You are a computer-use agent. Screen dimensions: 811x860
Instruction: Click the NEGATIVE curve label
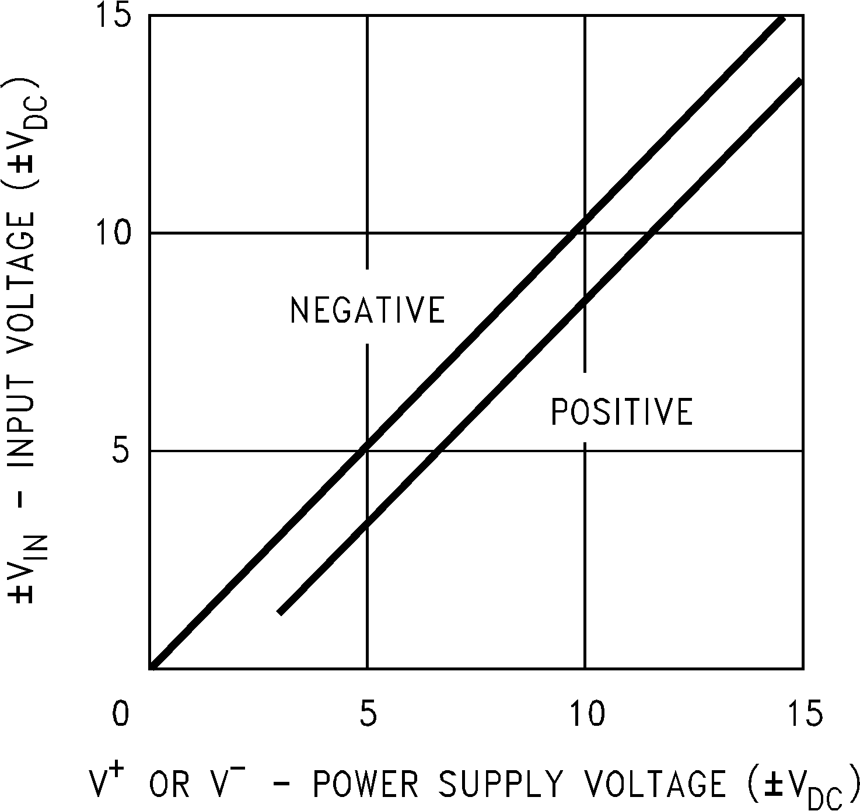pos(368,310)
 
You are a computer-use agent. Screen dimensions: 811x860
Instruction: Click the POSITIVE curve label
pos(622,412)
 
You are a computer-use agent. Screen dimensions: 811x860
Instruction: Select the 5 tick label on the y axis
pos(121,451)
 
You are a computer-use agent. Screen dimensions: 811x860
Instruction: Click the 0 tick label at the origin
pos(121,715)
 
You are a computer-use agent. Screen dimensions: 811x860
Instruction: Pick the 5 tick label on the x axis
pos(367,715)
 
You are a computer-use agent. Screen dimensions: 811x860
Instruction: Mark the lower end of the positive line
pos(280,612)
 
